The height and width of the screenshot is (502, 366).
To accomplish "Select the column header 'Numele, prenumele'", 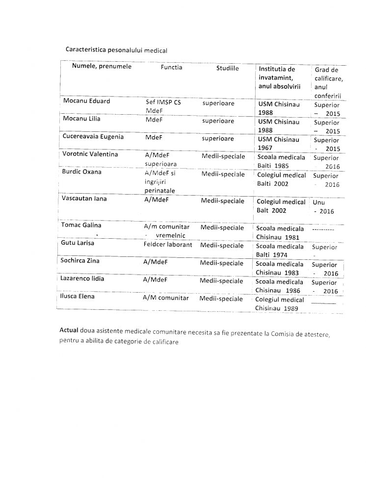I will point(102,67).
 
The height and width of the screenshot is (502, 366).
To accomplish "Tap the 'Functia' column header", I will point(171,67).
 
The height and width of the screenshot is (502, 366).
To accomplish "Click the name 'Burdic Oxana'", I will point(81,172).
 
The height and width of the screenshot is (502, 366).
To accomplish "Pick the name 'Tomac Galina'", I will point(81,225).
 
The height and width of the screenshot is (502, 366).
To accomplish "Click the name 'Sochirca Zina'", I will point(80,261).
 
